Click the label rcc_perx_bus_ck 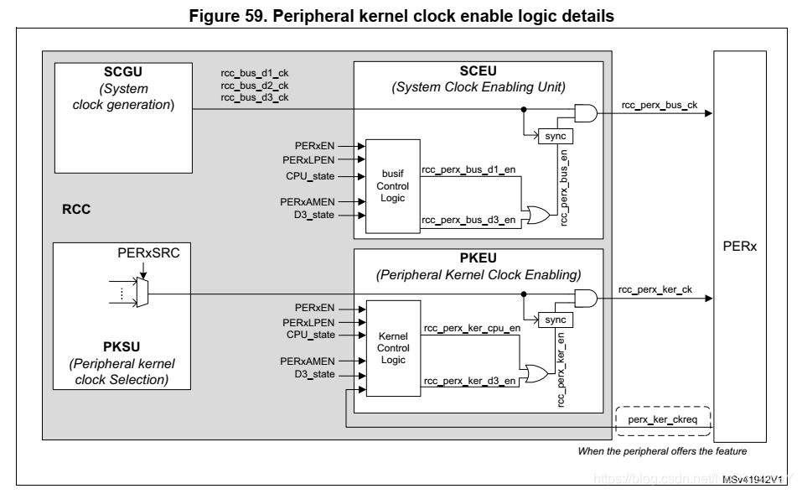660,106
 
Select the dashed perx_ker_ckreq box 663,417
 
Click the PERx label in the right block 738,248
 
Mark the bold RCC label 75,211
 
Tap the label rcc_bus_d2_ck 255,86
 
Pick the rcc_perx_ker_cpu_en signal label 473,328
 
